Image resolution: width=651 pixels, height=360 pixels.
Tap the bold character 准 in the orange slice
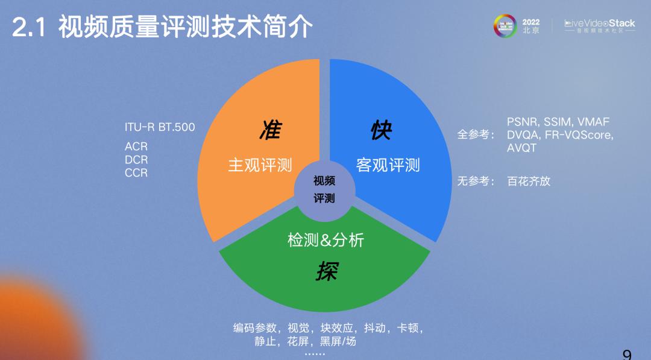coord(270,130)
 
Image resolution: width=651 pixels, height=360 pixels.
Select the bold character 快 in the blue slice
coord(381,130)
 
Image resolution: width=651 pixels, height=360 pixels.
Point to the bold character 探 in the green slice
coord(327,271)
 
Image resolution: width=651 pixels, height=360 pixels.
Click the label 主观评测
coord(260,165)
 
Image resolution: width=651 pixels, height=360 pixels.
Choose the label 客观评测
coord(388,165)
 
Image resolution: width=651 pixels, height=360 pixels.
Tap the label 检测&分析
coord(325,240)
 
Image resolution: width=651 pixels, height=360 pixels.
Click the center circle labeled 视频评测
coord(324,189)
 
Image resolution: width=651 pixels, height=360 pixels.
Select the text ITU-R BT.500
coord(160,127)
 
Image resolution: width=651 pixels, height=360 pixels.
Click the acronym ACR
coord(136,147)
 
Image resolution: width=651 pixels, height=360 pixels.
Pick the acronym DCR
coord(136,160)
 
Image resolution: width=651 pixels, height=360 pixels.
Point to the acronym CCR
coord(136,172)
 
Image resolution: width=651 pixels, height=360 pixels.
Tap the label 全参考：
coord(476,134)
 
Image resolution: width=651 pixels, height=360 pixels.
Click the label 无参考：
coord(476,181)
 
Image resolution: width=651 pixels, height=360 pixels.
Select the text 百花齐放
coord(529,181)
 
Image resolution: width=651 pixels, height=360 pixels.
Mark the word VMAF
coord(593,122)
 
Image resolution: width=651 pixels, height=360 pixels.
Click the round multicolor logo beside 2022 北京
coord(505,26)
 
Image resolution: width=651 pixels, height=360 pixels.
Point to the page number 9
coord(627,355)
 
